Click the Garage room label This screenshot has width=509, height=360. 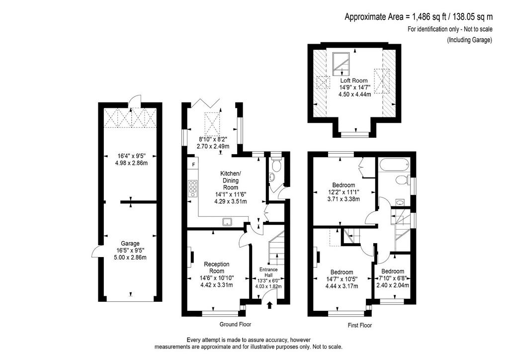[130, 244]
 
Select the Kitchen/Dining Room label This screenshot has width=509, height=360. [231, 180]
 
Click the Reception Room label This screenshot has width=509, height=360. [217, 268]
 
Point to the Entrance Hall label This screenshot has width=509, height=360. [268, 272]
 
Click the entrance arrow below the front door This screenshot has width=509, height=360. [269, 305]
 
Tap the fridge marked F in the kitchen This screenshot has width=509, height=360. [193, 165]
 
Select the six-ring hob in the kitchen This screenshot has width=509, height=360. [192, 188]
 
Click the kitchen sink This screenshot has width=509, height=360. [227, 222]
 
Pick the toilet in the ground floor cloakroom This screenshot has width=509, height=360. [276, 165]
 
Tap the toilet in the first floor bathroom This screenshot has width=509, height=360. [402, 180]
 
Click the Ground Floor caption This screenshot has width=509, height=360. [235, 324]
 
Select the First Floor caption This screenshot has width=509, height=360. [360, 325]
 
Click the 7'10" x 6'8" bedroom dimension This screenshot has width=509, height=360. [393, 278]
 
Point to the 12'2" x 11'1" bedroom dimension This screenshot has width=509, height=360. [344, 192]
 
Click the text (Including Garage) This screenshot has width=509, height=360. [470, 40]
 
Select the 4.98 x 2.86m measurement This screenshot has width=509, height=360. [131, 163]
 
